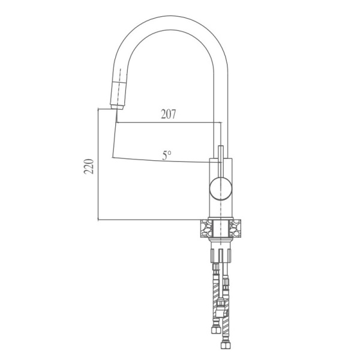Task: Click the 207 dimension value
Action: [x=168, y=114]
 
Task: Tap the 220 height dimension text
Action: [x=88, y=166]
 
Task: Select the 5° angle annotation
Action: [x=166, y=155]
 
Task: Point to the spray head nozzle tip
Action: [x=114, y=107]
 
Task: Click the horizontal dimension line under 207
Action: [x=168, y=122]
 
